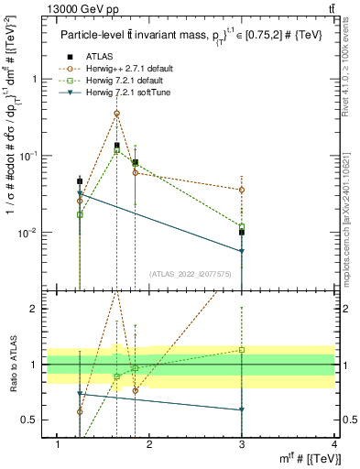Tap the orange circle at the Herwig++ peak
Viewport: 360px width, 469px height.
(116, 114)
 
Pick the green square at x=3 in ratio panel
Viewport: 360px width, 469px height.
(242, 350)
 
